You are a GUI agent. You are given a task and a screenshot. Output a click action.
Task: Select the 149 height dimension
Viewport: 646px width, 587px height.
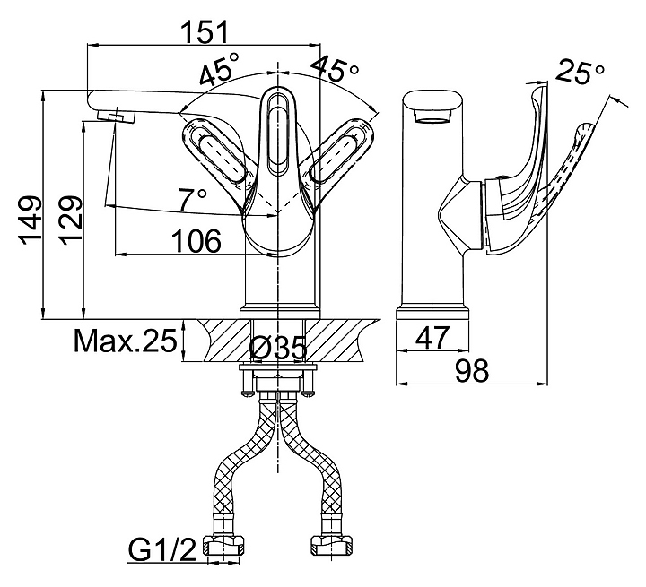pos(31,218)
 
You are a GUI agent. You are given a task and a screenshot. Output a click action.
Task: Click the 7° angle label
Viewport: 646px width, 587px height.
pos(193,200)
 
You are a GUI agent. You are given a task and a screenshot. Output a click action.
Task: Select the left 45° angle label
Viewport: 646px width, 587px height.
pos(219,71)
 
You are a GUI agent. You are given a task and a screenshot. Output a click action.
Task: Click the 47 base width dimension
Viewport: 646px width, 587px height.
pos(434,338)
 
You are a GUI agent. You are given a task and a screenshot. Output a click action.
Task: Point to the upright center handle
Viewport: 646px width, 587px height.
pos(279,134)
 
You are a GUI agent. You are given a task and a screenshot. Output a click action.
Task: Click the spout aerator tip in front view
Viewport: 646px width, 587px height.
pos(115,117)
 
